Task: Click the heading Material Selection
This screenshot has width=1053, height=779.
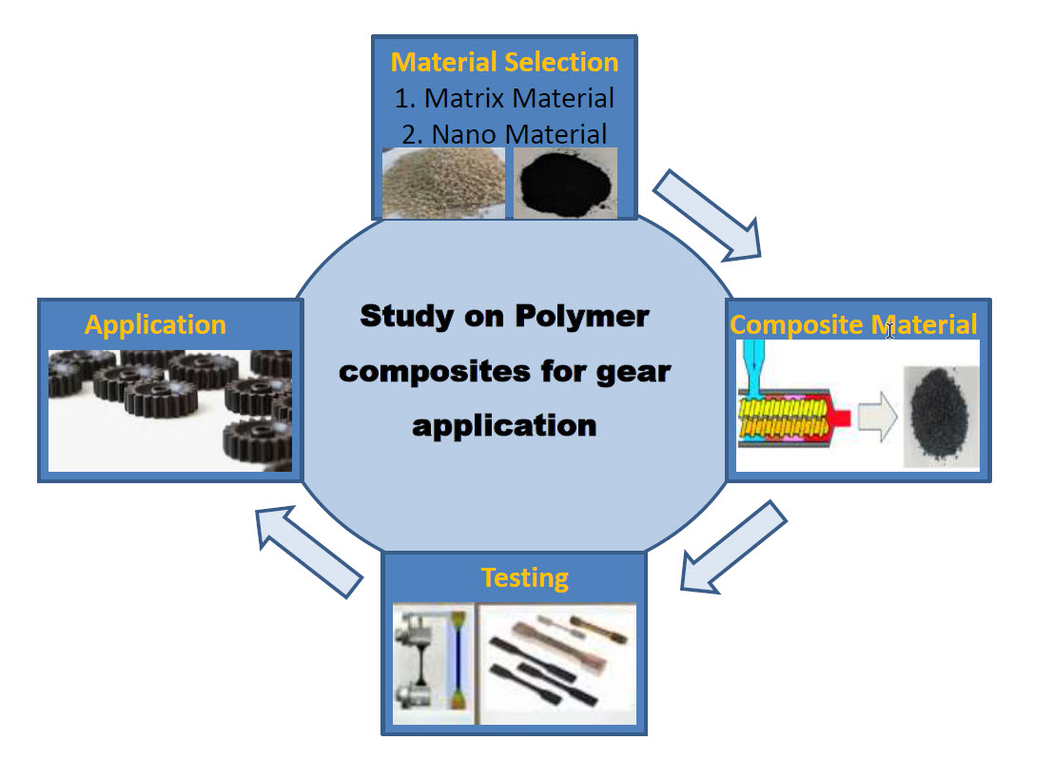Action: coord(504,63)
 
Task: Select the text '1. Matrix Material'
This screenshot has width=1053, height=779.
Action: coord(504,97)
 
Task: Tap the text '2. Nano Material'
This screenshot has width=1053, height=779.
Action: coord(504,132)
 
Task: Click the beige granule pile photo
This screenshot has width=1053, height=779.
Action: coord(442,183)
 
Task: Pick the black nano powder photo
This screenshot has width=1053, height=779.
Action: coord(565,183)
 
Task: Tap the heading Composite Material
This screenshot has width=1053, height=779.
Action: coord(852,324)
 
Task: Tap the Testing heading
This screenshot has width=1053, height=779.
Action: coord(525,577)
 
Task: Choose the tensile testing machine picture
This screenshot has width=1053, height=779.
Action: coord(433,661)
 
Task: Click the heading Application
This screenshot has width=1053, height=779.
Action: coord(155,324)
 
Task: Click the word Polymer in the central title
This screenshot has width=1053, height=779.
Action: coord(583,317)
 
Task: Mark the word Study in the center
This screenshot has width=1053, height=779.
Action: coord(401,317)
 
